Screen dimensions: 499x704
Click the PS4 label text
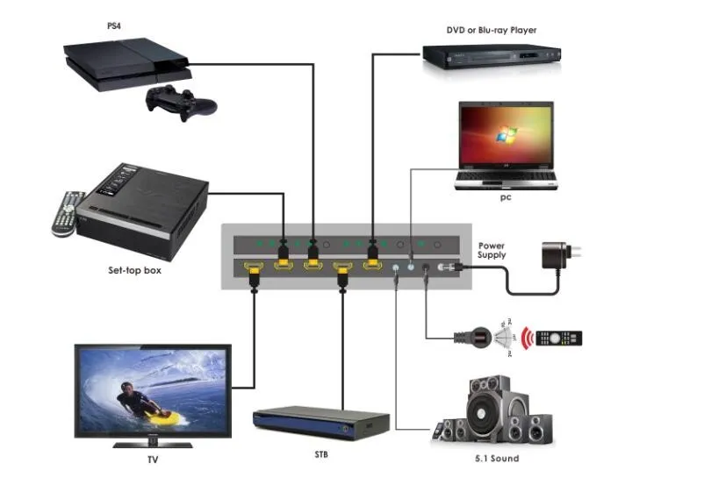tap(114, 26)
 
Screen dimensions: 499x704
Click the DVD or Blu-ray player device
tap(490, 57)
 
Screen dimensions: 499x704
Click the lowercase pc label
tap(506, 198)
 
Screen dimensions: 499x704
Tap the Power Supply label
tap(492, 250)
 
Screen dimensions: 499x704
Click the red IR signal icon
tap(528, 338)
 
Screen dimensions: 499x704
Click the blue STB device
tap(320, 423)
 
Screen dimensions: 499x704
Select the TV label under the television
tap(153, 458)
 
